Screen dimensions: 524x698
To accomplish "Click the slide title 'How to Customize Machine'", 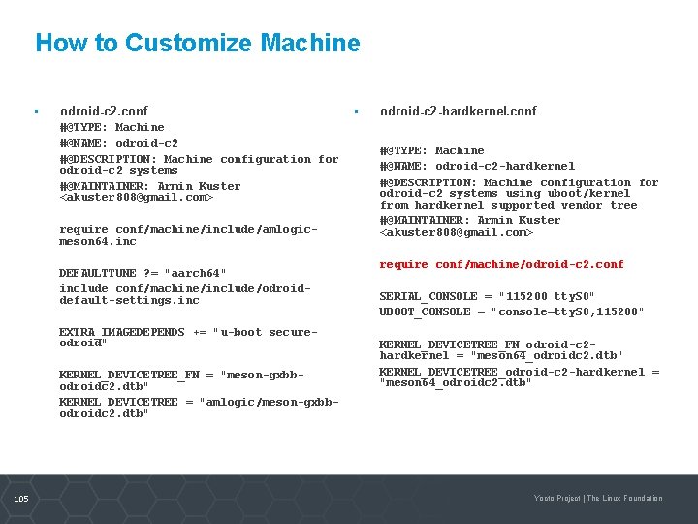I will click(x=197, y=44).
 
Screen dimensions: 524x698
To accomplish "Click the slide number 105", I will click(x=21, y=498).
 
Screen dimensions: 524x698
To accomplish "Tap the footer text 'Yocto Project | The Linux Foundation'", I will click(x=598, y=498).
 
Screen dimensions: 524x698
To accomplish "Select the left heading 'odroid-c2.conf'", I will click(x=104, y=112).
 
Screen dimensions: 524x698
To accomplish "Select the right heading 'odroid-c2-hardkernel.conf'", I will click(x=458, y=112).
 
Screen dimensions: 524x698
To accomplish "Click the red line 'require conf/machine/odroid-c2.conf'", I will click(x=501, y=264).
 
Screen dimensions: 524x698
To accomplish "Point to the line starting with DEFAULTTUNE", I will click(x=143, y=273).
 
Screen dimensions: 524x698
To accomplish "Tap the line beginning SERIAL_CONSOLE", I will click(x=487, y=296).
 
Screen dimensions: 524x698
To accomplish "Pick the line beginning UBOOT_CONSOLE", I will click(x=511, y=311).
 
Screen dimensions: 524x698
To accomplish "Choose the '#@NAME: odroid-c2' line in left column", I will click(x=118, y=143).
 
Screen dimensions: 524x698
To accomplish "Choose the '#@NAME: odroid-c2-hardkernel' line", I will click(x=477, y=166).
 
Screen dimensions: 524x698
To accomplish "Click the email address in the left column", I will click(x=136, y=197).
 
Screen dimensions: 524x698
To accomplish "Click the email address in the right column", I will click(x=457, y=232).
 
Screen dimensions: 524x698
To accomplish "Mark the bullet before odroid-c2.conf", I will click(x=36, y=112).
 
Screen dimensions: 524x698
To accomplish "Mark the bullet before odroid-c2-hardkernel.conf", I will click(x=357, y=112).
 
